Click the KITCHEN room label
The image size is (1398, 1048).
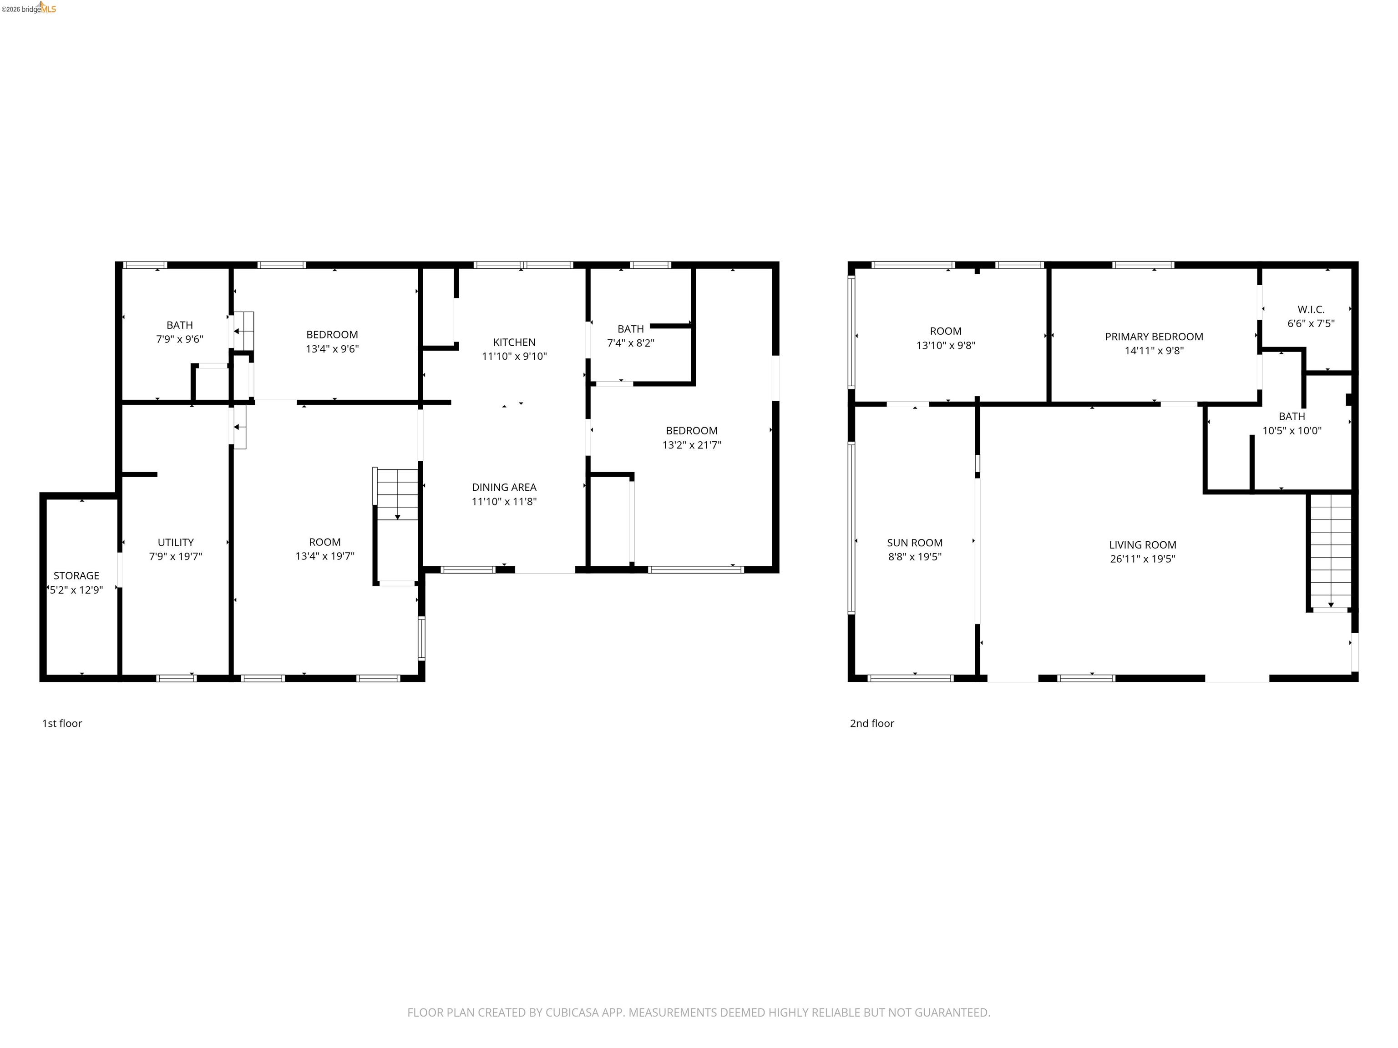(514, 342)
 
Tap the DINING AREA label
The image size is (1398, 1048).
(504, 487)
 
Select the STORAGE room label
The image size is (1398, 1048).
(76, 575)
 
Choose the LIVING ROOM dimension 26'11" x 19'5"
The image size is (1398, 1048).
(1142, 559)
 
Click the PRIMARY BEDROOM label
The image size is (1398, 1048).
(1154, 337)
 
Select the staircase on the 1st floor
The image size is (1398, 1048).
(397, 494)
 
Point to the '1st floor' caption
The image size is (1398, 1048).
(62, 723)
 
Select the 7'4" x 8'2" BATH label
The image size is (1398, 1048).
(630, 329)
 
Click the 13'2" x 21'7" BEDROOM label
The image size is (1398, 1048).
(691, 431)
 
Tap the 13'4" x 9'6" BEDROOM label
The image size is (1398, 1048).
(332, 335)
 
